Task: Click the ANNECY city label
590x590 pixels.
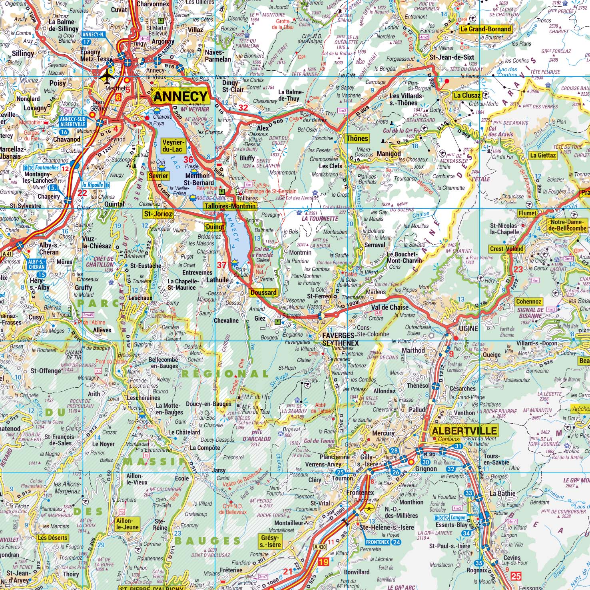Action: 181,96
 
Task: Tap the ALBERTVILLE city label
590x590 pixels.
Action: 464,431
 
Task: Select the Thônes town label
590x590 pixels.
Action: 357,138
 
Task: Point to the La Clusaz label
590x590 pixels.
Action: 466,95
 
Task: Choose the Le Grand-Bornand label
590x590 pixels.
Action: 485,29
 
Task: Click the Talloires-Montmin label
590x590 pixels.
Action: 229,206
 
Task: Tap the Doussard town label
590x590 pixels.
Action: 263,292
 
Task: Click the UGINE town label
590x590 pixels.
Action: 468,328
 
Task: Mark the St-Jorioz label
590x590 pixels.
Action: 158,214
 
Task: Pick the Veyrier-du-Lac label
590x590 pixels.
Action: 172,146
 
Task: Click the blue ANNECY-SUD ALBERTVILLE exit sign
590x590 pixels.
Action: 72,122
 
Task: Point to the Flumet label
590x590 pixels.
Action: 527,213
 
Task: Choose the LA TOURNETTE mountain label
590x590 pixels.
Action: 320,219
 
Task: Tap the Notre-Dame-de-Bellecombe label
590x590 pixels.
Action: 568,225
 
